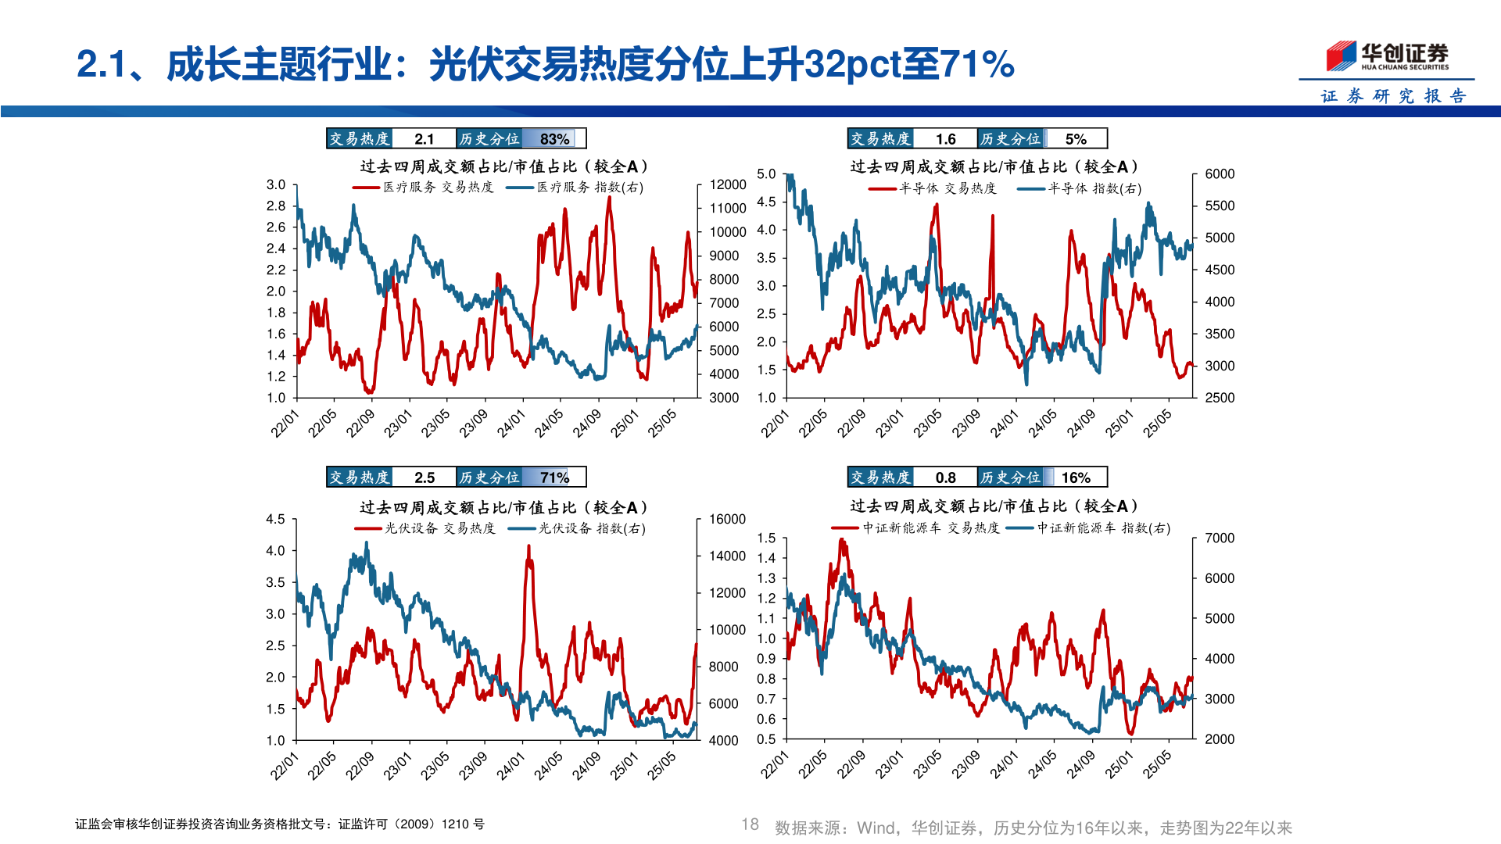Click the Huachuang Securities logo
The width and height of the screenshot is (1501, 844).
pos(1387,56)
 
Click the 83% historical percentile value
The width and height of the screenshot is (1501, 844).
pos(554,139)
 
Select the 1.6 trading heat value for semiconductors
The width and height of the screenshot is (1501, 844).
pos(945,139)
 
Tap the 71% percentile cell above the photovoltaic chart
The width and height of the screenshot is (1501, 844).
pos(554,477)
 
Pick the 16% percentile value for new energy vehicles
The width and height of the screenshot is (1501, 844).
pos(1076,477)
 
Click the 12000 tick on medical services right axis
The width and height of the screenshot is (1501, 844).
pos(727,185)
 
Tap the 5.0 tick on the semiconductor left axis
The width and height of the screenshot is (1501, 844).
pos(766,174)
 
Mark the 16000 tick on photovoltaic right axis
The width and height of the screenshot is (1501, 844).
pos(727,520)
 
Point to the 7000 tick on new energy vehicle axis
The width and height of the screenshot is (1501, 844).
pos(1219,538)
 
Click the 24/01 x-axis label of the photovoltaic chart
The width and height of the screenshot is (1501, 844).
pos(510,765)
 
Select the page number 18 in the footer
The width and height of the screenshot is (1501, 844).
pos(750,824)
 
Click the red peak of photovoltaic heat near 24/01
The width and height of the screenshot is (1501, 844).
pos(528,547)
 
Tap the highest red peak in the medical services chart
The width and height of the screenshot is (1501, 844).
pos(609,198)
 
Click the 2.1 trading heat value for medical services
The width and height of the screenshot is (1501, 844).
pos(424,139)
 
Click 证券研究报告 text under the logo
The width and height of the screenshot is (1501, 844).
pos(1392,96)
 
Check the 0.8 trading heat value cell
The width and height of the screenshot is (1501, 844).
pos(945,477)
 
